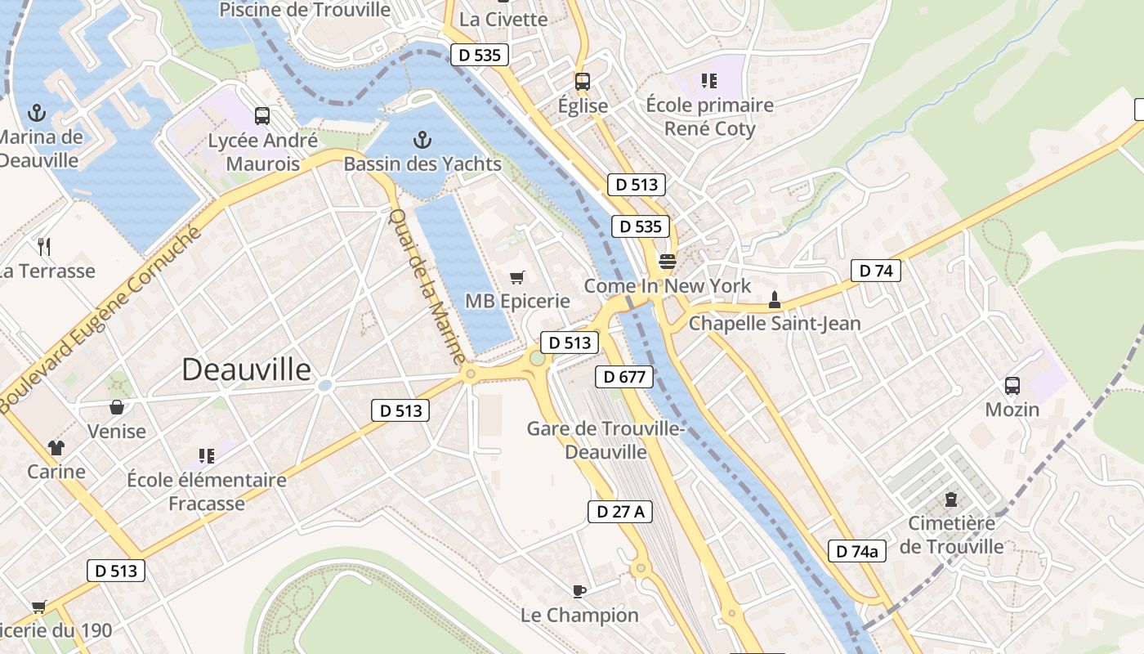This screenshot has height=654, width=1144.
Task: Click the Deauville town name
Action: [246, 370]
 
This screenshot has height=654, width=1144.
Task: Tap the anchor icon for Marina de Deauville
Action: [37, 112]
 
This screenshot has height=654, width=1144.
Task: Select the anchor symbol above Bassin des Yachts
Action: [422, 139]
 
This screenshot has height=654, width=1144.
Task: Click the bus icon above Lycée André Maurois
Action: [261, 116]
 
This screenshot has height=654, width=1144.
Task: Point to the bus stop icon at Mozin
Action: [1012, 386]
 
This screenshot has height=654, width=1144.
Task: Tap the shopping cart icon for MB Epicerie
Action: [516, 278]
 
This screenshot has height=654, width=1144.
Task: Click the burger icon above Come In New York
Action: [668, 262]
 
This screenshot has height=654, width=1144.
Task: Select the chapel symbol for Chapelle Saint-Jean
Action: [775, 300]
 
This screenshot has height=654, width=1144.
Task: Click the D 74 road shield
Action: [875, 271]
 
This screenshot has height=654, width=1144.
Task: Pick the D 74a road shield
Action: [857, 551]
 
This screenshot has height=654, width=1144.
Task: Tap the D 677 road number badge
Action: [624, 377]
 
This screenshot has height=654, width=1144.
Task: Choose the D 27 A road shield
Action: [619, 512]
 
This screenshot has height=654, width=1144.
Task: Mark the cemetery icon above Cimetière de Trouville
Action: [950, 499]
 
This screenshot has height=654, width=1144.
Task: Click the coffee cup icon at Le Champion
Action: [579, 590]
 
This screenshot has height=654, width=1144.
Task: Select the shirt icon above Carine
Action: [56, 447]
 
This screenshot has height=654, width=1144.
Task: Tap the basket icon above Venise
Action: [117, 406]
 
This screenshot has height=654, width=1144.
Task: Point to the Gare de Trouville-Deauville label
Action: [606, 440]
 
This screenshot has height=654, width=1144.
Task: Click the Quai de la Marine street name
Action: [427, 286]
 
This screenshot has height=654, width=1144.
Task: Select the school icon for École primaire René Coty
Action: [708, 81]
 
